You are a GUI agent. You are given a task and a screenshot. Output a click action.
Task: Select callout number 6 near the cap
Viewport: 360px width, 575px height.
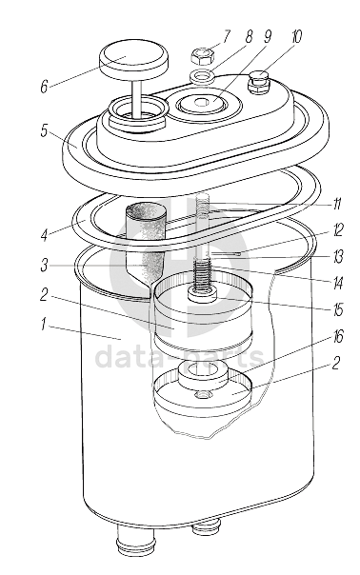[x=45, y=87]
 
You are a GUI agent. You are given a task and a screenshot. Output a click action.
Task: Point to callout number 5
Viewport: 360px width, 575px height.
[x=45, y=131]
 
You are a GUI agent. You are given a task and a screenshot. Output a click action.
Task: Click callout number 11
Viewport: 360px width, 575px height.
[x=337, y=203]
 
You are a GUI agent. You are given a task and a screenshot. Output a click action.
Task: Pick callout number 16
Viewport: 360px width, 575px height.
[x=338, y=336]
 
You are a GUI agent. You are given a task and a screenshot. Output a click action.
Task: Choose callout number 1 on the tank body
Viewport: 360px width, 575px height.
[x=43, y=325]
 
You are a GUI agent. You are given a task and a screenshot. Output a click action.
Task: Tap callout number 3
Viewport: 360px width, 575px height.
[x=44, y=266]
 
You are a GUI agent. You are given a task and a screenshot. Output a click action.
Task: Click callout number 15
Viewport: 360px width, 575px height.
[x=337, y=310]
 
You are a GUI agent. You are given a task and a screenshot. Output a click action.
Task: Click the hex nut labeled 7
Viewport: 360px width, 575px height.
[x=203, y=56]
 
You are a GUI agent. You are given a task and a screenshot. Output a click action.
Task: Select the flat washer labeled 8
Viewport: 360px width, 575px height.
[x=202, y=77]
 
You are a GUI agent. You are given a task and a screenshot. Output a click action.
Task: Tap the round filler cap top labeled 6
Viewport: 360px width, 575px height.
[x=133, y=59]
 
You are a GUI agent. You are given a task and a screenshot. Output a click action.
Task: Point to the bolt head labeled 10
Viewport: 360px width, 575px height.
[x=259, y=84]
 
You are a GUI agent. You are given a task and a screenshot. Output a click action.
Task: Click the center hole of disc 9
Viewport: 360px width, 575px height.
[x=200, y=103]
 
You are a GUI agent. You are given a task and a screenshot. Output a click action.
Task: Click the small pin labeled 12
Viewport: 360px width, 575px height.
[x=225, y=253]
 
